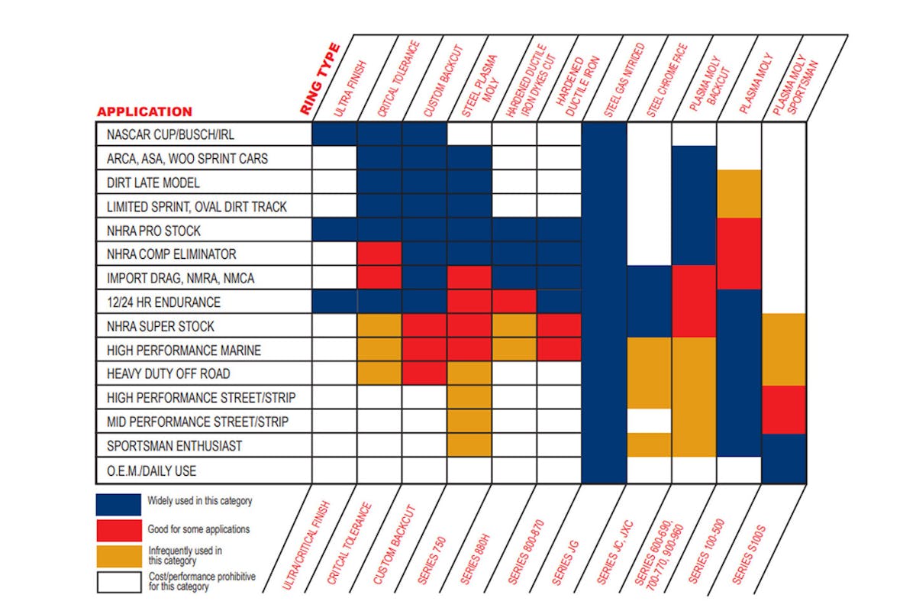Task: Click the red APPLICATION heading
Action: click(x=144, y=112)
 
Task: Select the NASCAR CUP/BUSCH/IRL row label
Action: click(x=170, y=134)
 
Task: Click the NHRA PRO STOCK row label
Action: click(x=153, y=230)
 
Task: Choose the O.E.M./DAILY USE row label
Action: click(x=152, y=470)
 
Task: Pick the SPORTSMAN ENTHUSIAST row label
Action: click(x=173, y=446)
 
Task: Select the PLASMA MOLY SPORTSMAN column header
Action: click(x=794, y=84)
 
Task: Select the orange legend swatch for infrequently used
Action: click(x=118, y=555)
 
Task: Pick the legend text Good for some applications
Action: click(x=198, y=529)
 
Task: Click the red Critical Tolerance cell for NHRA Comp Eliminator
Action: click(x=379, y=254)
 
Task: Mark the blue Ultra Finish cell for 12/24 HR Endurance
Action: click(x=334, y=302)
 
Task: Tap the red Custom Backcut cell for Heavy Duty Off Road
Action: click(x=424, y=374)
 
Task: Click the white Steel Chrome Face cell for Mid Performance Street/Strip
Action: click(x=649, y=421)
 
